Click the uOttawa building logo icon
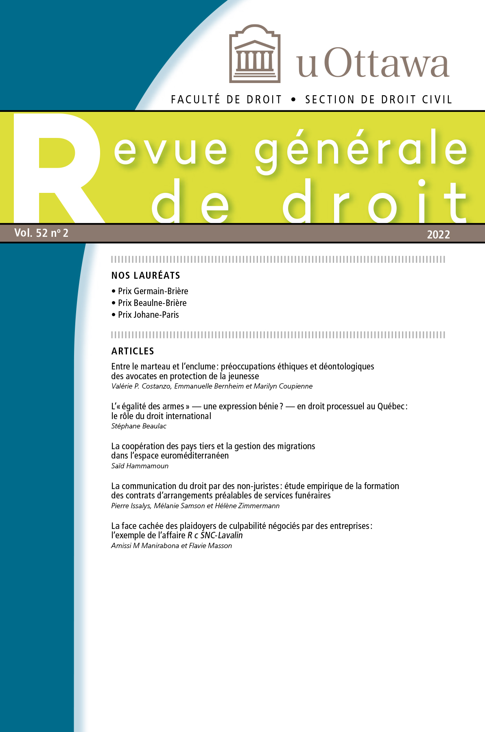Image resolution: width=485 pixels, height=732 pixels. pyautogui.click(x=255, y=54)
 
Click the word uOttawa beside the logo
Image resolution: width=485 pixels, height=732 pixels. pyautogui.click(x=372, y=63)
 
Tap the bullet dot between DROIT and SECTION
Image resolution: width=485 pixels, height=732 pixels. pyautogui.click(x=293, y=100)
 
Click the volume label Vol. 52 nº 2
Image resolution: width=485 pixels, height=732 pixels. pyautogui.click(x=42, y=233)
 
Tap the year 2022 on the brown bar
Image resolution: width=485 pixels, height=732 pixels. pyautogui.click(x=438, y=234)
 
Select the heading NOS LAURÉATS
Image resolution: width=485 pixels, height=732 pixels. pyautogui.click(x=146, y=275)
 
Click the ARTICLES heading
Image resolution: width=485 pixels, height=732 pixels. pyautogui.click(x=133, y=351)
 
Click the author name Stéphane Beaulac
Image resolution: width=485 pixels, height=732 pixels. pyautogui.click(x=139, y=426)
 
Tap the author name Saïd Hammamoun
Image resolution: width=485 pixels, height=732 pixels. pyautogui.click(x=140, y=466)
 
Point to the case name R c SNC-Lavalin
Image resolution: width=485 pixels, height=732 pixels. pyautogui.click(x=215, y=535)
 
